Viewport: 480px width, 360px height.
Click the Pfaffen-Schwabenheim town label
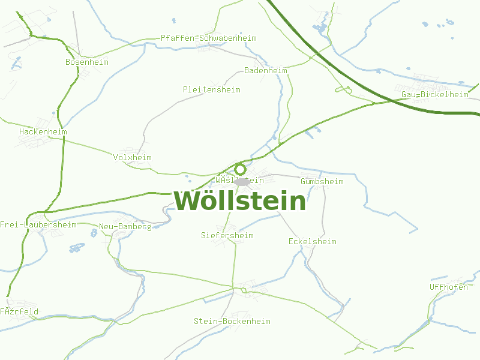pyautogui.click(x=208, y=38)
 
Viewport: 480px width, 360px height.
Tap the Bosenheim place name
pyautogui.click(x=87, y=62)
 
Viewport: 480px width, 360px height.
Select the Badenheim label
pyautogui.click(x=265, y=71)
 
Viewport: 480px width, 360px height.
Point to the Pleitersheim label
pyautogui.click(x=211, y=89)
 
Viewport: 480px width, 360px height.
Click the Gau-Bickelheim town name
pyautogui.click(x=434, y=95)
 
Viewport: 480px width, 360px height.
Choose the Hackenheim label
pyautogui.click(x=43, y=131)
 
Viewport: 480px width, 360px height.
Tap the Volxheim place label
pyautogui.click(x=132, y=158)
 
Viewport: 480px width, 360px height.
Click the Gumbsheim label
pyautogui.click(x=322, y=181)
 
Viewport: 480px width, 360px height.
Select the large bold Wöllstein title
pyautogui.click(x=240, y=200)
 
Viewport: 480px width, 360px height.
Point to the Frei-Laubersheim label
pyautogui.click(x=38, y=225)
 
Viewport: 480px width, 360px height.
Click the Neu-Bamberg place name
pyautogui.click(x=125, y=227)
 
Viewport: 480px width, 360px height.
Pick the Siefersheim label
pyautogui.click(x=227, y=236)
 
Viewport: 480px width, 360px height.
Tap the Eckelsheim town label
pyautogui.click(x=312, y=242)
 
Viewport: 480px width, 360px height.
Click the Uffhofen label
pyautogui.click(x=448, y=287)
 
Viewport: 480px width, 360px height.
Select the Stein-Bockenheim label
pyautogui.click(x=232, y=322)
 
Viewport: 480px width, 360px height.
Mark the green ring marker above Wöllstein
pyautogui.click(x=241, y=169)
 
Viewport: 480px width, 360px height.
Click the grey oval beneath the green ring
pyautogui.click(x=242, y=181)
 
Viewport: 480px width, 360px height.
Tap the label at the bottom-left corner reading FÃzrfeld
pyautogui.click(x=19, y=312)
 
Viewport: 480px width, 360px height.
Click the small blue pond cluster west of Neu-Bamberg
pyautogui.click(x=77, y=247)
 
